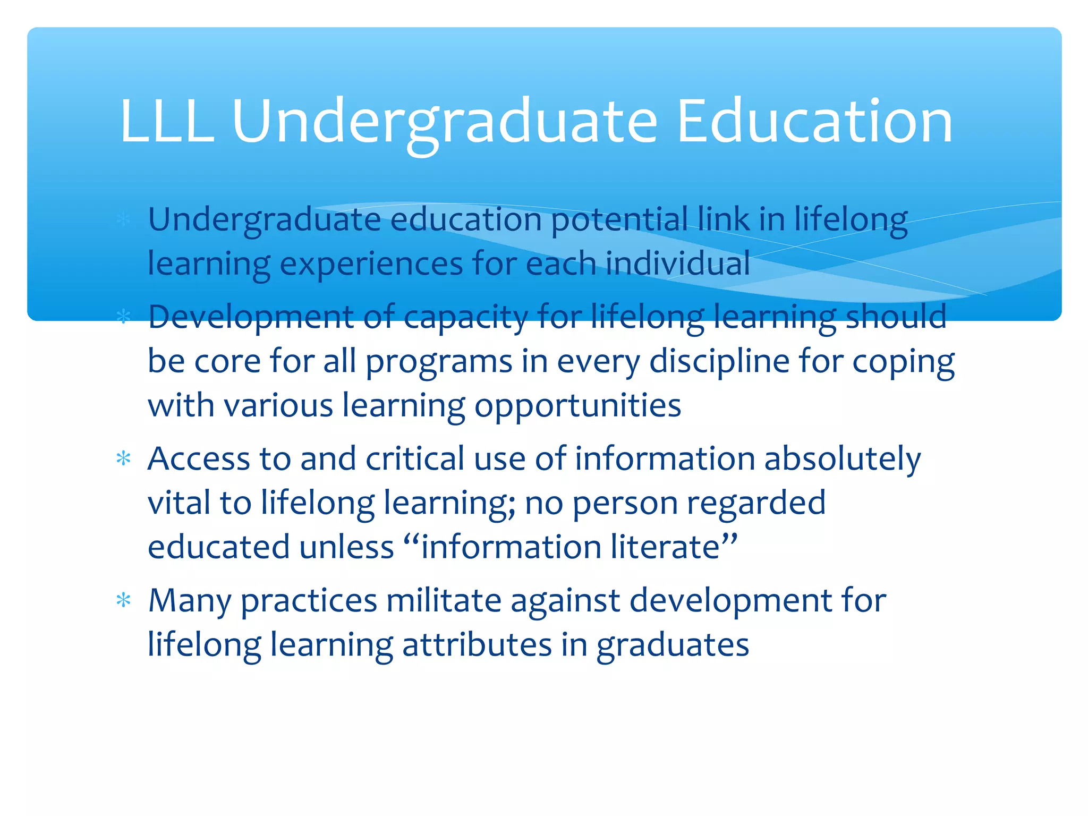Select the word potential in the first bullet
pos(619,220)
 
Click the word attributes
pos(477,645)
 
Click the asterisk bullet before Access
pos(123,458)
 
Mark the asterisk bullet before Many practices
pos(123,600)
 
